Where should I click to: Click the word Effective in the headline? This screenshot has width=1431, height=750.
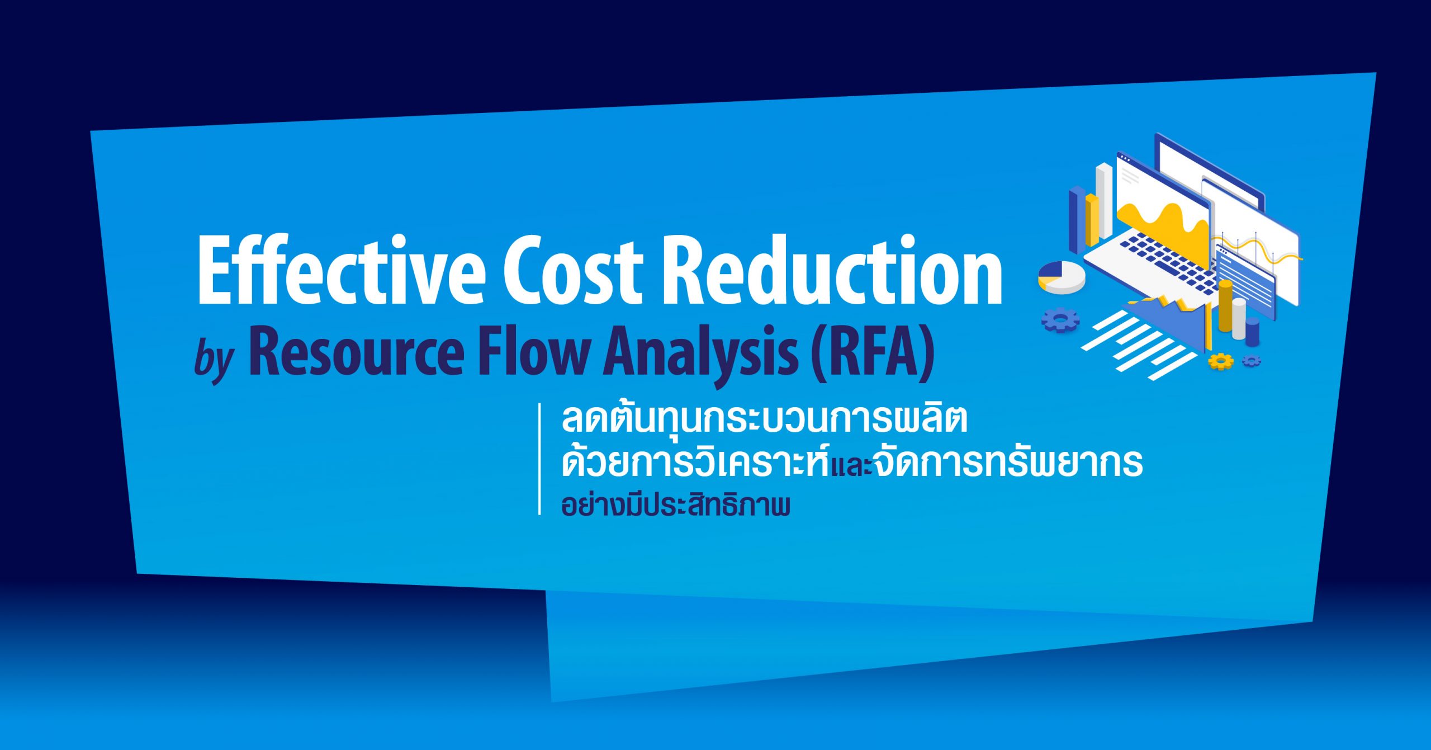coord(342,270)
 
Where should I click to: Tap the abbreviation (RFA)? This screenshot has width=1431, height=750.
coord(873,355)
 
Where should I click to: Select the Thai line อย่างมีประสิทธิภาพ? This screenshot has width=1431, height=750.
coord(676,505)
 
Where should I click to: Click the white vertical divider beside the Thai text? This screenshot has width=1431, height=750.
coord(540,459)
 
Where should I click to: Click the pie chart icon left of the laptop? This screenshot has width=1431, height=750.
coord(1062,277)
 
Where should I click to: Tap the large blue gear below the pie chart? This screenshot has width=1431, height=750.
coord(1060,320)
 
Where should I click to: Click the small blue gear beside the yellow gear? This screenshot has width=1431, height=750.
coord(1252,361)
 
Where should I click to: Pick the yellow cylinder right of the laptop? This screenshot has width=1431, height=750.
coord(1225,305)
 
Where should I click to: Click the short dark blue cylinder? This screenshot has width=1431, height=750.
coord(1253,331)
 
